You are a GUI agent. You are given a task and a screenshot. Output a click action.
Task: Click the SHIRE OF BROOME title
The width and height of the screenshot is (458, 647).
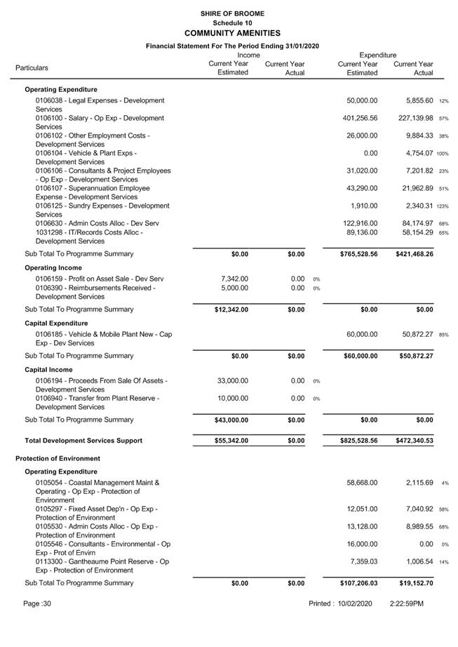click(x=232, y=13)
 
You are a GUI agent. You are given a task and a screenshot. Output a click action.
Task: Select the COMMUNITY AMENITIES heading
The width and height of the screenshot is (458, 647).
click(x=232, y=33)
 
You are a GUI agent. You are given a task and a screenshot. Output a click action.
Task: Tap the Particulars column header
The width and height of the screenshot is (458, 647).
click(x=32, y=68)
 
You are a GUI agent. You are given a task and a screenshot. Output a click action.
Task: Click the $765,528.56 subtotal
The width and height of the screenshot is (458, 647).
click(x=355, y=254)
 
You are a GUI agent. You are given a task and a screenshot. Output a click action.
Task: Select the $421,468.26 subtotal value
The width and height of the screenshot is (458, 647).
click(x=410, y=254)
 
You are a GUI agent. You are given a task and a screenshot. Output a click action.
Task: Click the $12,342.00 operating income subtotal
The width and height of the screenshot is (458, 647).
click(x=231, y=309)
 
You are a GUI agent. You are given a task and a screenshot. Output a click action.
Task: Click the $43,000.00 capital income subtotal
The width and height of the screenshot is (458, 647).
click(x=231, y=420)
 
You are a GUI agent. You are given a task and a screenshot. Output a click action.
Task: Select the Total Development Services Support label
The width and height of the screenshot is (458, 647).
click(x=83, y=441)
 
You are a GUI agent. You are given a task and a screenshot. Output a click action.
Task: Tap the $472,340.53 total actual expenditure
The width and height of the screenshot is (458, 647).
click(x=410, y=441)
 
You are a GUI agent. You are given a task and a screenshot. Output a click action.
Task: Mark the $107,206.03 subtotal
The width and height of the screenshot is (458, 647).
click(x=355, y=583)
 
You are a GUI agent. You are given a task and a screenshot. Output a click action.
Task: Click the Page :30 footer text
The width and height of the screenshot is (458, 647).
click(x=37, y=603)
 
